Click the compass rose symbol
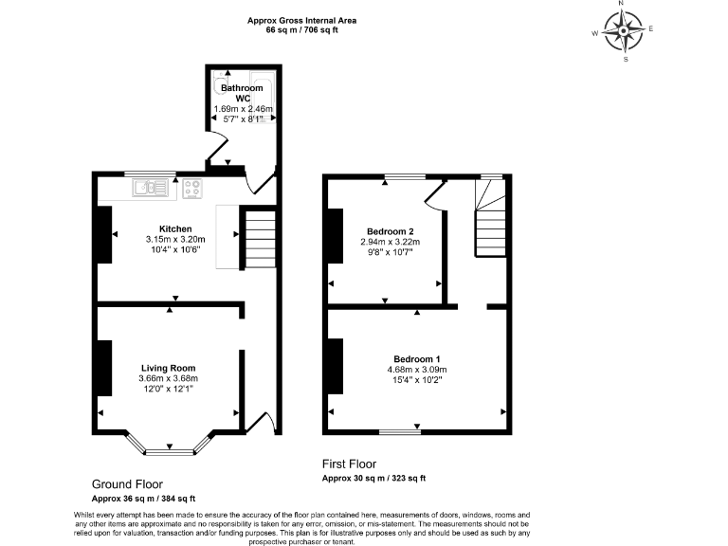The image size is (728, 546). click(x=625, y=30)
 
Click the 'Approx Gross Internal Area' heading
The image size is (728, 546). click(x=302, y=20)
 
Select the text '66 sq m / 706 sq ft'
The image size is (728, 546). click(x=302, y=30)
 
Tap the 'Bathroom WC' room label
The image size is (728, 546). click(x=242, y=93)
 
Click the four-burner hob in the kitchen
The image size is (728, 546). click(x=193, y=189)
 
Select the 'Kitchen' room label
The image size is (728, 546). click(x=175, y=229)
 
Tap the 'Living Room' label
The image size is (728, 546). click(x=168, y=368)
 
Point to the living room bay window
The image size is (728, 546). click(x=169, y=443)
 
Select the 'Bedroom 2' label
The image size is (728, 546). click(x=391, y=231)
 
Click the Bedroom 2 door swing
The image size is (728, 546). click(x=433, y=194)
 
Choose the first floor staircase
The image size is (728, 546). click(x=491, y=223)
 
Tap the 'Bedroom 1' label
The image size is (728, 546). click(x=417, y=358)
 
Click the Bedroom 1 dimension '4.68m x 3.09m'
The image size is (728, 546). click(x=417, y=370)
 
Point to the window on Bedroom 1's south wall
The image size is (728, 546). click(x=399, y=433)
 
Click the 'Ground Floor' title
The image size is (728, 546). click(x=126, y=482)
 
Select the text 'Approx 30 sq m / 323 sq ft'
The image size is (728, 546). click(x=373, y=479)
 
